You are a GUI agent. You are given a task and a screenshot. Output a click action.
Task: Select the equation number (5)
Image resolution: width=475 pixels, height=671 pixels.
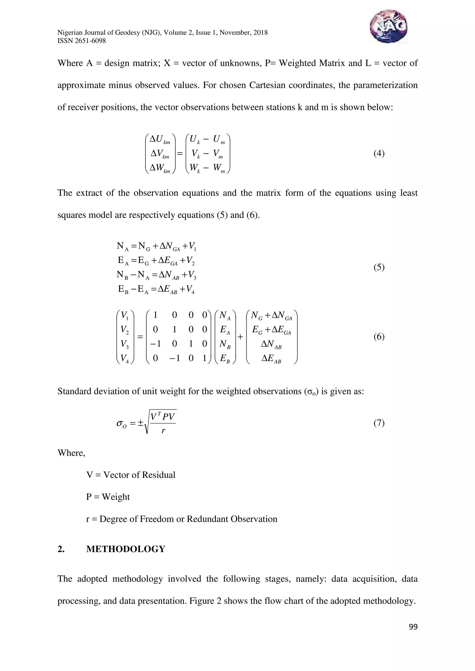point(379,267)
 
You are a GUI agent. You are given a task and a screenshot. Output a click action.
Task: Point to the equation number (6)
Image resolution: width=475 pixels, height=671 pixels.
point(379,337)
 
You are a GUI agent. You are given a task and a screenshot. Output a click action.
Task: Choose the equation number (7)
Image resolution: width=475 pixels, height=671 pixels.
point(379,423)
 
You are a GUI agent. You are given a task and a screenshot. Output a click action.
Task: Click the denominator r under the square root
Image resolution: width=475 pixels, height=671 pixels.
point(163,430)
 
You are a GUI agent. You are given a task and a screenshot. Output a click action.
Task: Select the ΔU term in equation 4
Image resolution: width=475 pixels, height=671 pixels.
point(159,139)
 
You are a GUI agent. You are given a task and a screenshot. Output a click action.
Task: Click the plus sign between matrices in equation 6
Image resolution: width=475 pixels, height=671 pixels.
point(240,337)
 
